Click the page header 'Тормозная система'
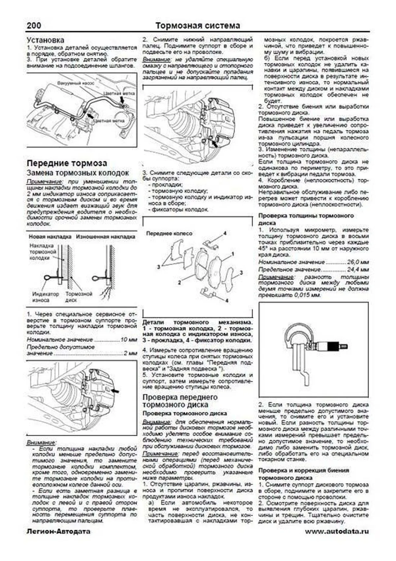[x=197, y=25]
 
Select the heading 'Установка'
[x=46, y=40]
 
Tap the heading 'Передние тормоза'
[x=67, y=163]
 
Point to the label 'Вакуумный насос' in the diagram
[x=76, y=83]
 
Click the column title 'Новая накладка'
[x=50, y=236]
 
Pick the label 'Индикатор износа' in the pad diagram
[x=46, y=297]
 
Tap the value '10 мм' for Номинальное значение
[x=129, y=339]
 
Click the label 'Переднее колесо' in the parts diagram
[x=169, y=233]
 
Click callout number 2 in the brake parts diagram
[x=180, y=282]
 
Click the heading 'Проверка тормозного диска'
[x=184, y=413]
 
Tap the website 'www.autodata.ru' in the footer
[x=337, y=531]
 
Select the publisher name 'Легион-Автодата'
[x=58, y=531]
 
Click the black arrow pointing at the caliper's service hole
[x=115, y=391]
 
